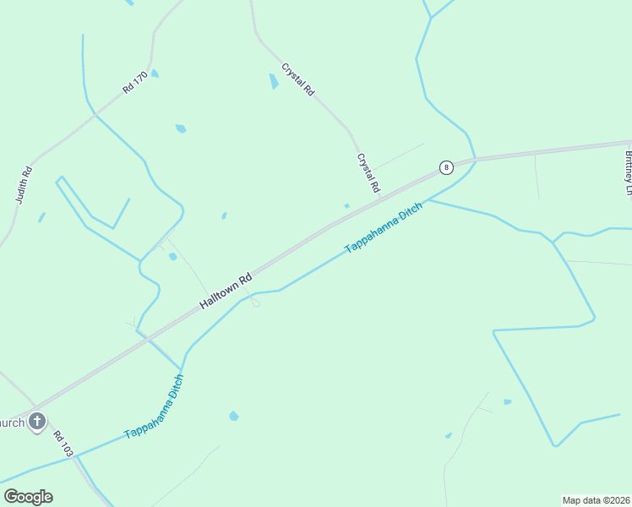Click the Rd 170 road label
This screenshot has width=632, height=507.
coord(135,82)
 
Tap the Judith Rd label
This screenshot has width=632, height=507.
coord(24,184)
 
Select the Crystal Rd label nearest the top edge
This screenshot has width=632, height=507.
coord(298,79)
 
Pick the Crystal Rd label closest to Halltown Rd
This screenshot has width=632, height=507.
coord(368,172)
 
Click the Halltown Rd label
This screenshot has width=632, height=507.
coord(226,290)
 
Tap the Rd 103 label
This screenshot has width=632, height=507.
coord(63,444)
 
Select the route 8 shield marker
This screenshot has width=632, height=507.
coord(445,167)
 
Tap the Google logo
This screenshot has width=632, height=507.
coord(28,497)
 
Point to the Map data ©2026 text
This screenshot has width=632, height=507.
coord(596,500)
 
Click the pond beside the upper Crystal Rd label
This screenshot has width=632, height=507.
coord(273,81)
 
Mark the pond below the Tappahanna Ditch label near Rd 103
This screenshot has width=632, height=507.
coord(233,416)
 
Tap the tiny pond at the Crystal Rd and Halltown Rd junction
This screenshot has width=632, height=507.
coord(346,205)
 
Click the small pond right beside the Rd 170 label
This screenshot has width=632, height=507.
coord(155,74)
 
